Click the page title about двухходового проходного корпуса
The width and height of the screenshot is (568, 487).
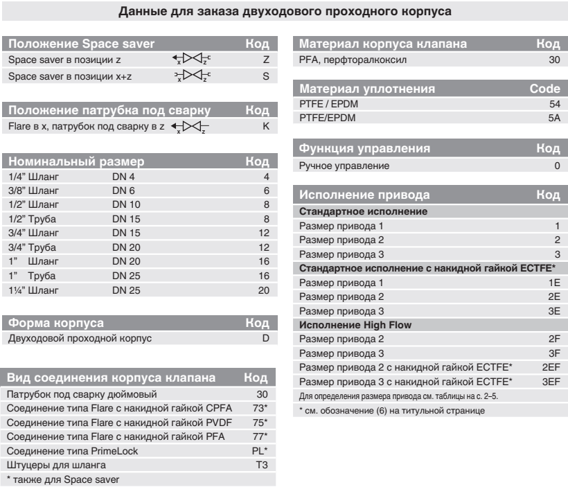point(283,11)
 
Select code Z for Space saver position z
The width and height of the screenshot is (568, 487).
point(265,61)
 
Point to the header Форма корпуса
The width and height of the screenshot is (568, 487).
point(56,303)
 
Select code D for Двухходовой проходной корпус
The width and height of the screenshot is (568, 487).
point(265,320)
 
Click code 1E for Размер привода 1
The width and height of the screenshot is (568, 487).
point(553,283)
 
